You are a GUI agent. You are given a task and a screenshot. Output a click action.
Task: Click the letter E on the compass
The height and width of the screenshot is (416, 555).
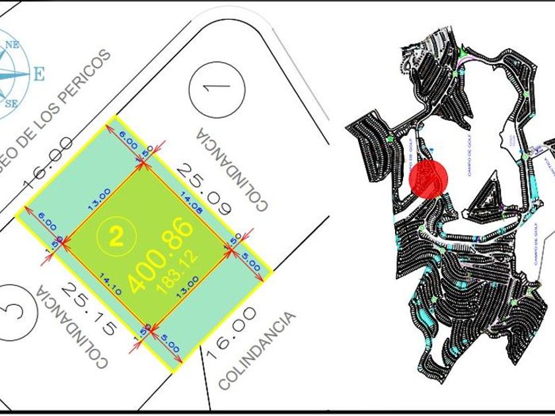pyautogui.click(x=38, y=73)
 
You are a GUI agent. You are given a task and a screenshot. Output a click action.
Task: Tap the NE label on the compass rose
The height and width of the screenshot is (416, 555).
pyautogui.click(x=12, y=45)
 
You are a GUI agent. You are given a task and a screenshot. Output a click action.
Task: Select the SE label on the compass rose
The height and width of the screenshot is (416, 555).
pyautogui.click(x=11, y=103)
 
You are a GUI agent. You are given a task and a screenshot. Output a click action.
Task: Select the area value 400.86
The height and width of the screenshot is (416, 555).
pyautogui.click(x=162, y=255)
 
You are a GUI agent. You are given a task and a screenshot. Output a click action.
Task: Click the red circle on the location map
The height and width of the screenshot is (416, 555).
pyautogui.click(x=429, y=178)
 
